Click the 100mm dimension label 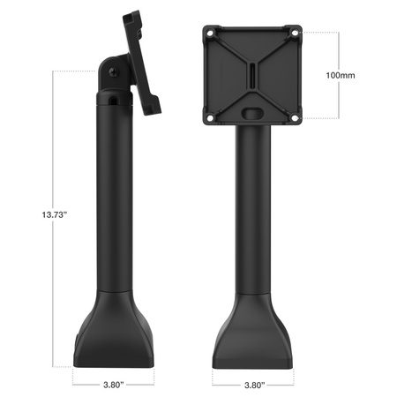coord(340,77)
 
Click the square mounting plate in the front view coord(252,53)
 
